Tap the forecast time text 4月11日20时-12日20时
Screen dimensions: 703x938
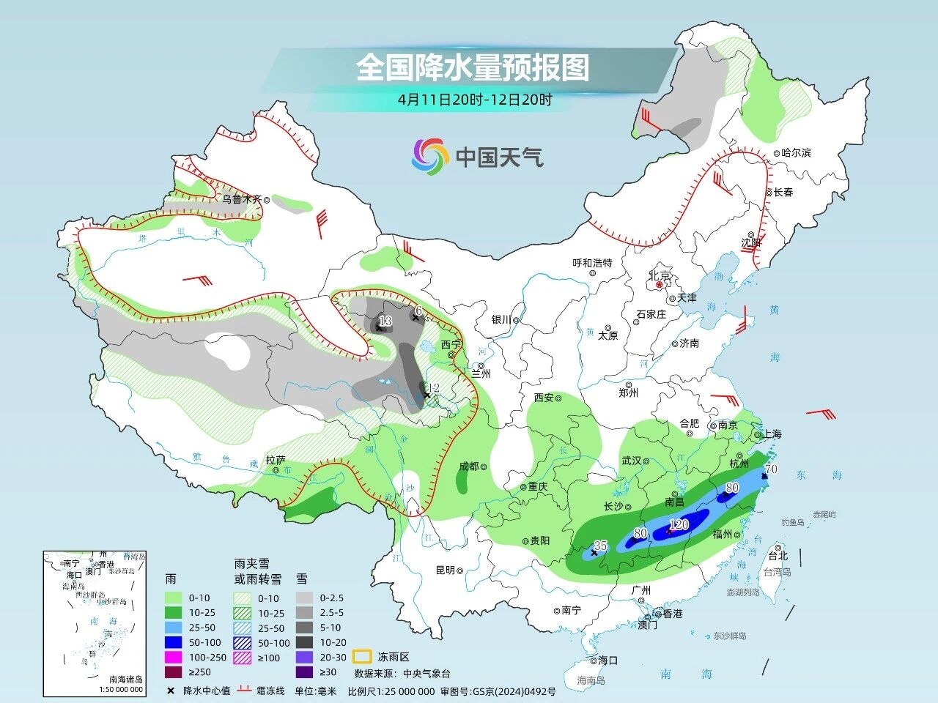coord(475,100)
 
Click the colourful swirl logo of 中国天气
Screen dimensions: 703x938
coord(429,157)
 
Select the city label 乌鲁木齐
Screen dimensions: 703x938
coord(242,198)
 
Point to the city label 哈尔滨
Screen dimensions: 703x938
coord(797,153)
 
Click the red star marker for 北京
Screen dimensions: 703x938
coord(659,285)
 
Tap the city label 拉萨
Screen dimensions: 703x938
coord(276,460)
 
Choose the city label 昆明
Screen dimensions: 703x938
coord(446,570)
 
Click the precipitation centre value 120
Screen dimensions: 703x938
coord(679,524)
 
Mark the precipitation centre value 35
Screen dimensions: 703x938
coord(600,545)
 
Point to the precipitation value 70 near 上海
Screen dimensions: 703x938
coord(770,469)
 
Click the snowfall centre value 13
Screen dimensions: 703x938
coord(385,321)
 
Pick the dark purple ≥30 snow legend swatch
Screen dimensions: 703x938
coord(305,672)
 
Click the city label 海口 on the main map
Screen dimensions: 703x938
coord(608,660)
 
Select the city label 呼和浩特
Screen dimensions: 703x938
coord(591,263)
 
